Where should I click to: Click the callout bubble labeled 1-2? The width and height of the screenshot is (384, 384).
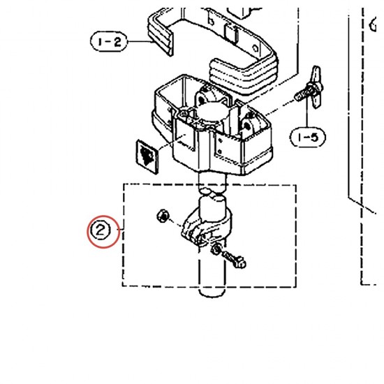[x=109, y=42]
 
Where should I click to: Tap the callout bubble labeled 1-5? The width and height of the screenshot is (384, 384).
[x=308, y=138]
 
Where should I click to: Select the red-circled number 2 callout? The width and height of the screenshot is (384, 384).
[x=104, y=231]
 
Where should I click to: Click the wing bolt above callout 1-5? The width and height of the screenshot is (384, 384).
[x=310, y=87]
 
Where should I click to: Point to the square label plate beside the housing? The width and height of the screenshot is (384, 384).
[x=147, y=156]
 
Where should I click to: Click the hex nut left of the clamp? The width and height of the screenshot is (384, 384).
[x=163, y=216]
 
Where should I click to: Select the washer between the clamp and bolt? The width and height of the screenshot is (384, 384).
[x=216, y=249]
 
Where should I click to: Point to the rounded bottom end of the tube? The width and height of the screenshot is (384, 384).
[x=212, y=291]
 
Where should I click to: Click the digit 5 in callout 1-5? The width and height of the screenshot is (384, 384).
[x=316, y=138]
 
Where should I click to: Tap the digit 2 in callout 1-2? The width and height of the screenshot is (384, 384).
[x=117, y=42]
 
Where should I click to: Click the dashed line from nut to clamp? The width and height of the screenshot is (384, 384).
[x=176, y=223]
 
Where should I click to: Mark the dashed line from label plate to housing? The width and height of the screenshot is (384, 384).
[x=172, y=142]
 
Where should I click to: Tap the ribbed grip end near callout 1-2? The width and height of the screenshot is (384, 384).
[x=161, y=34]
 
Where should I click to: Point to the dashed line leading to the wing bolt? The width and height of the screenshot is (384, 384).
[x=280, y=107]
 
